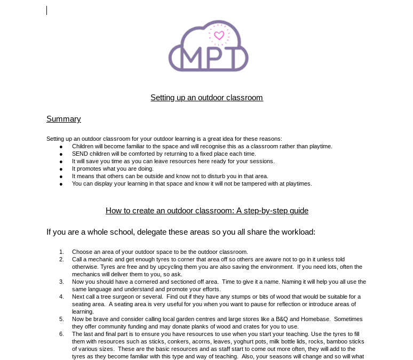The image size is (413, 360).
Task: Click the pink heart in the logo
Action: (219, 36)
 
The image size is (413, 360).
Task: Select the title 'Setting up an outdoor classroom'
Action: (206, 98)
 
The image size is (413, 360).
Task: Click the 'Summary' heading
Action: (63, 119)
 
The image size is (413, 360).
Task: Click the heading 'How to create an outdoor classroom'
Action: (206, 211)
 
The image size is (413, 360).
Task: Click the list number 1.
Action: (61, 252)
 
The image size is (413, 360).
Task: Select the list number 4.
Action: (61, 297)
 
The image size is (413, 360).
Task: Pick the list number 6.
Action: (61, 334)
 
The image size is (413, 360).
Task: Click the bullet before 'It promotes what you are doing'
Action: (61, 169)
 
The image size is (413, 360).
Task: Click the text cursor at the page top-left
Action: (47, 10)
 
